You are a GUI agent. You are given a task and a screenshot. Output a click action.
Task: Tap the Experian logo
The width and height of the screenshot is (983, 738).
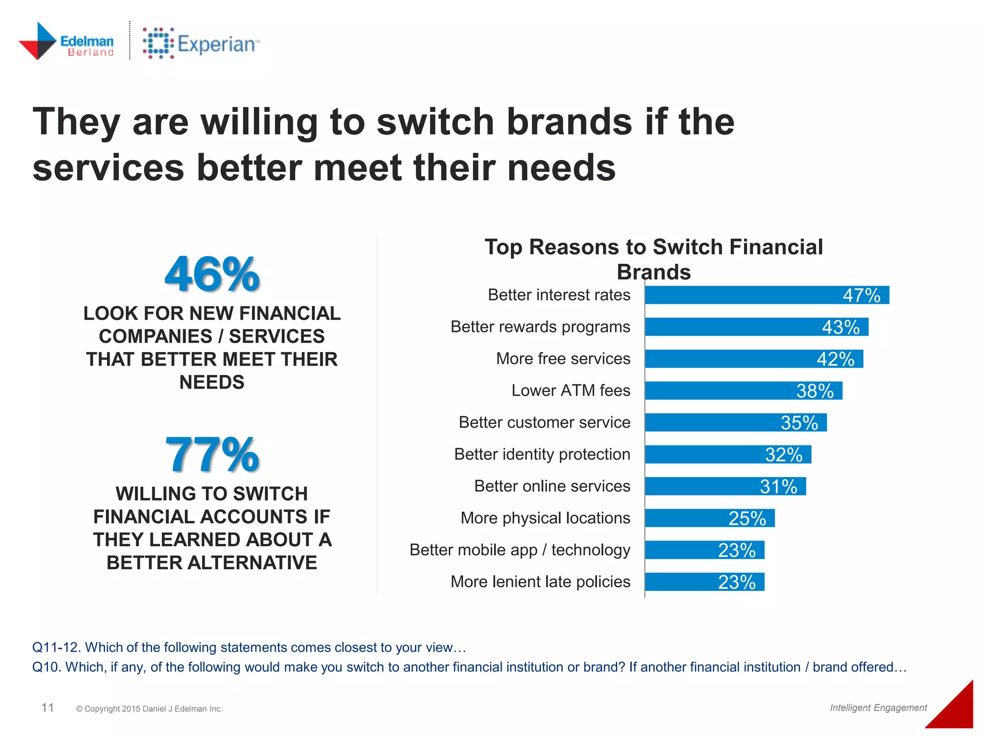[x=201, y=44]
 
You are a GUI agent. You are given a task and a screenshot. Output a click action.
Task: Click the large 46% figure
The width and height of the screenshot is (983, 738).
[x=212, y=274]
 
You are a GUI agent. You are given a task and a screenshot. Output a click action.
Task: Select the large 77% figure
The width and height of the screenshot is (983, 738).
[x=212, y=455]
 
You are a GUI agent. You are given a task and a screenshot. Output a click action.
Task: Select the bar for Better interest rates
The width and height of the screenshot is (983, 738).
[x=767, y=295]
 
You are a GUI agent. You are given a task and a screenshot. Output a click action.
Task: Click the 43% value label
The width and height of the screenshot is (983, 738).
[x=840, y=327]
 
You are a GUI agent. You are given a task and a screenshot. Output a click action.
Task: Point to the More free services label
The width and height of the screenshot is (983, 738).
[x=563, y=358]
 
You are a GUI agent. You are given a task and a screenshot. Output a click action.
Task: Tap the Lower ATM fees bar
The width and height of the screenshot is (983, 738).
[x=743, y=391]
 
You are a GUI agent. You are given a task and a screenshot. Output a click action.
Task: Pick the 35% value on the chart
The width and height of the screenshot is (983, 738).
[x=799, y=423]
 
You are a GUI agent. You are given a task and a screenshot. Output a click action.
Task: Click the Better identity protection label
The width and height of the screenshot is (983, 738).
[x=542, y=454]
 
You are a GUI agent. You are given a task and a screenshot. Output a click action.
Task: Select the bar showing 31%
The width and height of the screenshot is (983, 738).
[x=725, y=486]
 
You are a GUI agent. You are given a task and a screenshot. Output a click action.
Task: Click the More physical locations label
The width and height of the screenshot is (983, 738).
[x=545, y=518]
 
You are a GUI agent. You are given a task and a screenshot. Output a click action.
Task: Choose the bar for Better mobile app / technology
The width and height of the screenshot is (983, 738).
[x=704, y=550]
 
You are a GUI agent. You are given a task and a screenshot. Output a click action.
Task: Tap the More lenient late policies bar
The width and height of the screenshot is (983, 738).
[x=704, y=582]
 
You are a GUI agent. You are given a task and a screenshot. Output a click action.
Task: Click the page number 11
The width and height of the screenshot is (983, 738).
[x=48, y=707]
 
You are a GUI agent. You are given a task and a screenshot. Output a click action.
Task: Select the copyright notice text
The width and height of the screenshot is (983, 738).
[x=149, y=709]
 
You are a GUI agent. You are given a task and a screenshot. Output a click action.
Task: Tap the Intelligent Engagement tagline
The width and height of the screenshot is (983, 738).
[x=878, y=707]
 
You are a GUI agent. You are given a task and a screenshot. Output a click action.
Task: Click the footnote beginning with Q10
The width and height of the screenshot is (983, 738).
[x=469, y=667]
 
